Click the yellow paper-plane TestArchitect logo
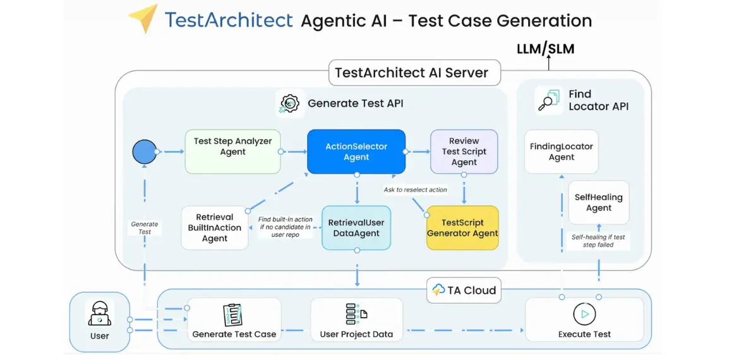coord(143,18)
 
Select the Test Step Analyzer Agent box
coord(232,152)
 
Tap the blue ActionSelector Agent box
coord(356,152)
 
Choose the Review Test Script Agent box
coord(464,152)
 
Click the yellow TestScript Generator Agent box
coord(463,227)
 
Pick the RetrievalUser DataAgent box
coord(356,227)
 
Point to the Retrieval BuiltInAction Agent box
coord(215,227)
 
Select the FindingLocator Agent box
coord(562,152)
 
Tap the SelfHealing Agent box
coord(599,202)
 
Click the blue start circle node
coord(145,152)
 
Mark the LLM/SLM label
coord(546,49)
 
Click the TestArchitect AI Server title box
coord(412,73)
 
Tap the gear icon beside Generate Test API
coord(290,103)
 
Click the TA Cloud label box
coord(464,291)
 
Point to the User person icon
coord(100,314)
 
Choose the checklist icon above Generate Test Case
coord(233,315)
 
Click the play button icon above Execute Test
coord(584,314)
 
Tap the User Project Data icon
coord(356,314)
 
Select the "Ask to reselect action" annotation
coord(415,189)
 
